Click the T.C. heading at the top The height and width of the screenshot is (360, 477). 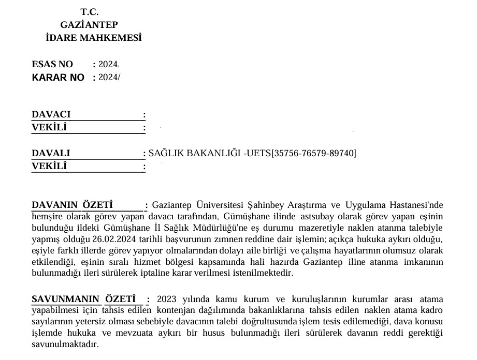pos(90,11)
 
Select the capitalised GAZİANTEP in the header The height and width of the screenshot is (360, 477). pos(89,24)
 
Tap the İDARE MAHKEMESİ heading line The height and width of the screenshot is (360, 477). pos(94,38)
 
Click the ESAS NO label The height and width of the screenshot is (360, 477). pos(53,65)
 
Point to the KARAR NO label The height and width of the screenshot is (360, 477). pos(58,78)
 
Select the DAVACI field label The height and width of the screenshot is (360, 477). pos(51,114)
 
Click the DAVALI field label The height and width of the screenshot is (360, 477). pos(51,153)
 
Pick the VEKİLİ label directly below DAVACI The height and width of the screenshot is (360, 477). pos(49,127)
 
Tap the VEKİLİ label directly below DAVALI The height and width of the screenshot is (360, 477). pos(49,166)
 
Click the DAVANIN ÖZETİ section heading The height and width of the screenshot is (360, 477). pos(72,205)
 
